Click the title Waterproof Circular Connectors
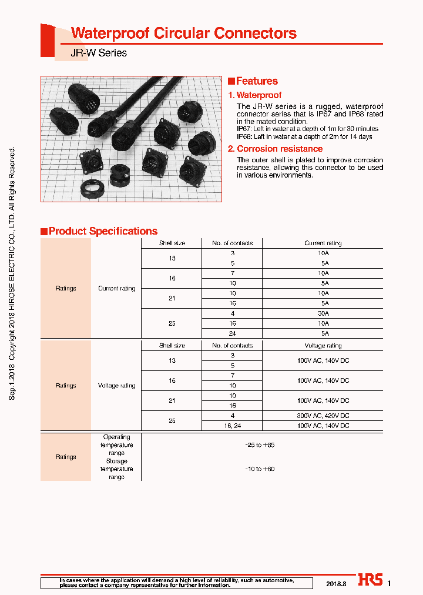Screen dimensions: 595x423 click(183, 34)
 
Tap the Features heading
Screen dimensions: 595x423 click(257, 81)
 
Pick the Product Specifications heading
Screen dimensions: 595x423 click(103, 231)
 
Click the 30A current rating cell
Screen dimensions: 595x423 click(323, 313)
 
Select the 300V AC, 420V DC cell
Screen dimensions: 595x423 click(323, 415)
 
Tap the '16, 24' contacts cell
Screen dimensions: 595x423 click(232, 425)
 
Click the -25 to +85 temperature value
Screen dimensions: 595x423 click(260, 445)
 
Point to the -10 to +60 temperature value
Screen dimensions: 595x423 click(260, 469)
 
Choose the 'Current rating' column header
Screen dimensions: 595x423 click(323, 243)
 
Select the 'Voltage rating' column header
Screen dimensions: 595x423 click(323, 346)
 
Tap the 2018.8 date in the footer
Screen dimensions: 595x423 click(337, 583)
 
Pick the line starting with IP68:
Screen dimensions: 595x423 click(304, 136)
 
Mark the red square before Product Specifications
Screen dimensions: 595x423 click(44, 232)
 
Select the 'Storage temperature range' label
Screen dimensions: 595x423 click(116, 469)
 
